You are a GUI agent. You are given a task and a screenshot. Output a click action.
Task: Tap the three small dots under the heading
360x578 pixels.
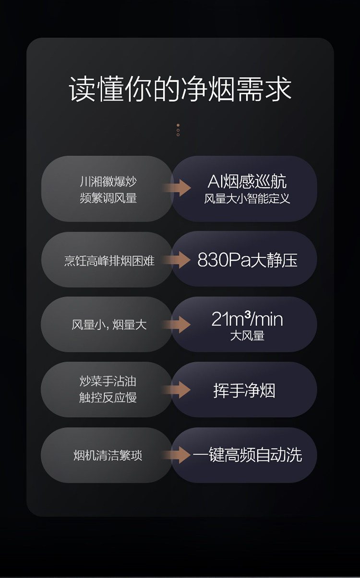tap(178, 130)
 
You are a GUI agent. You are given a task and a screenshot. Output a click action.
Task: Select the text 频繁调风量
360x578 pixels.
tap(108, 198)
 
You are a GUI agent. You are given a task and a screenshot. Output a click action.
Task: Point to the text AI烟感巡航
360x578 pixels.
tap(247, 181)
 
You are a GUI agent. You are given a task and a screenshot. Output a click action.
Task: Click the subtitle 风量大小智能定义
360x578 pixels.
tap(247, 198)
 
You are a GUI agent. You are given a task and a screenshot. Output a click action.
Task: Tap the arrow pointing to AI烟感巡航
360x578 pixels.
tap(177, 188)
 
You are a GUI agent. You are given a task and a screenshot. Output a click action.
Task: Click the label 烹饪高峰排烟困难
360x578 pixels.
tap(109, 261)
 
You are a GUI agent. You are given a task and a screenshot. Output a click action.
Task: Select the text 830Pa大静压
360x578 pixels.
tap(247, 260)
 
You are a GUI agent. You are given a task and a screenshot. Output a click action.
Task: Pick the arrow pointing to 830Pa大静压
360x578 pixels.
tap(177, 261)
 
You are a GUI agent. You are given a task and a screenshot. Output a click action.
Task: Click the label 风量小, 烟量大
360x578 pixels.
tap(109, 325)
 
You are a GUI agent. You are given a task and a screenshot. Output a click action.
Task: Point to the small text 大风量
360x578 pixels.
tap(247, 336)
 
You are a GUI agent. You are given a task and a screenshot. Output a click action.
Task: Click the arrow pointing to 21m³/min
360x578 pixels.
tap(177, 325)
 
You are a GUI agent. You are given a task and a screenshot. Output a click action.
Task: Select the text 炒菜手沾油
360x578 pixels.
tap(108, 382)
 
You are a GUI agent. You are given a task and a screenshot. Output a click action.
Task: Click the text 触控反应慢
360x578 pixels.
tap(108, 397)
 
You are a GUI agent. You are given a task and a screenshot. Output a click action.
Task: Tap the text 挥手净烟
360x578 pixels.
tap(244, 390)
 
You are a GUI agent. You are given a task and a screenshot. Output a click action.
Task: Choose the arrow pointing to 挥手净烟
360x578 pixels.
tap(177, 390)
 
